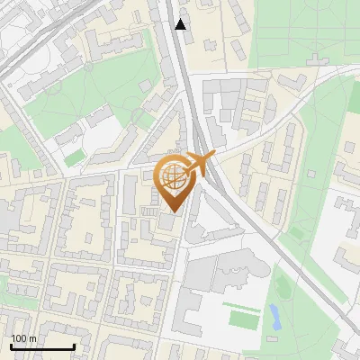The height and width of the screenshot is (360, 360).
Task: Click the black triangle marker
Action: tap(181, 24)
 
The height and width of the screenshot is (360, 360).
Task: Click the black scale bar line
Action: tap(42, 346)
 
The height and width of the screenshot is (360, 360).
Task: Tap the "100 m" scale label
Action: tap(23, 338)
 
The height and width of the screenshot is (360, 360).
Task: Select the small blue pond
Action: tap(274, 316)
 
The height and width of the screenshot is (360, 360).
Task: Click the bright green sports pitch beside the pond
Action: tap(242, 319)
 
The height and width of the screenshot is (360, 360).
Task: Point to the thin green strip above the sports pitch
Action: tap(239, 306)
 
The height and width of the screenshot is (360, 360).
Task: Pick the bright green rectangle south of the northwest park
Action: tap(75, 157)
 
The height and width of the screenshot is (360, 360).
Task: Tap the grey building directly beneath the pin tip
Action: tap(169, 224)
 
